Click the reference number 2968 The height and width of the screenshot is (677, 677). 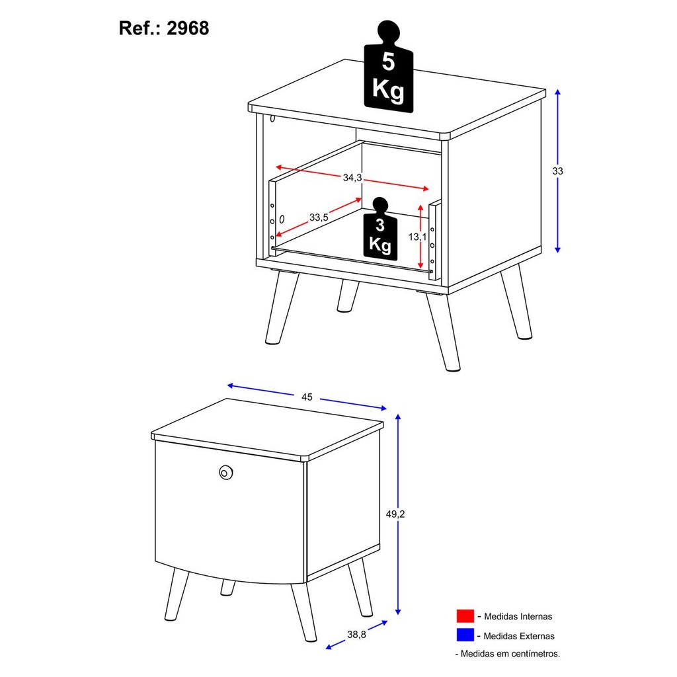pyautogui.click(x=188, y=28)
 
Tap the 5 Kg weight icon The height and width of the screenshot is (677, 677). pyautogui.click(x=389, y=67)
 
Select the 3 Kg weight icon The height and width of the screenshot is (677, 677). pyautogui.click(x=380, y=229)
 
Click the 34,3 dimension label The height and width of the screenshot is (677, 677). pyautogui.click(x=352, y=177)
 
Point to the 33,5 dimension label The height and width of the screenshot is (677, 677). pyautogui.click(x=319, y=217)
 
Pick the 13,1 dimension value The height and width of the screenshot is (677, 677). pyautogui.click(x=418, y=237)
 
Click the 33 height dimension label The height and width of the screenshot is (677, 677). pyautogui.click(x=557, y=171)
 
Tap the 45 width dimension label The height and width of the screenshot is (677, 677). pyautogui.click(x=307, y=397)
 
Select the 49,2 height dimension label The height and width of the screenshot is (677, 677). pyautogui.click(x=395, y=514)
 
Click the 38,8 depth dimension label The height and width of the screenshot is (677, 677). pyautogui.click(x=356, y=634)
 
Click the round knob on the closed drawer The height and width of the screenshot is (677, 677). pyautogui.click(x=225, y=472)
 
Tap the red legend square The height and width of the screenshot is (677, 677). pyautogui.click(x=465, y=616)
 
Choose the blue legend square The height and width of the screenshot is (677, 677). pyautogui.click(x=465, y=635)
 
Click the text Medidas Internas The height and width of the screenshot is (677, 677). pyautogui.click(x=518, y=617)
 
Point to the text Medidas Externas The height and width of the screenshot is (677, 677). pyautogui.click(x=518, y=636)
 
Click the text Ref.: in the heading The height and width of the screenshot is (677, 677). pyautogui.click(x=140, y=28)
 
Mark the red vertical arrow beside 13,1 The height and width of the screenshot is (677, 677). pyautogui.click(x=420, y=236)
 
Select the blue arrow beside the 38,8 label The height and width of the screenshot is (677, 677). pyautogui.click(x=356, y=635)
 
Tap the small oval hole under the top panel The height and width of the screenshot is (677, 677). pyautogui.click(x=272, y=118)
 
